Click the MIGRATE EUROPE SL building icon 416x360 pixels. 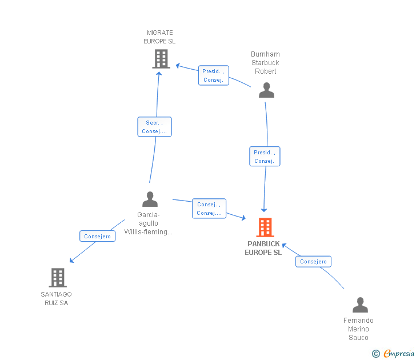coord(161,58)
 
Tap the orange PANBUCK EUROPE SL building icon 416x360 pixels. coord(265,227)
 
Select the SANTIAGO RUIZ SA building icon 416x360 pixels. coord(58,278)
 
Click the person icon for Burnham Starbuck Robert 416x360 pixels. coord(266,90)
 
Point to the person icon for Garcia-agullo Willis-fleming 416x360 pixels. coord(150,199)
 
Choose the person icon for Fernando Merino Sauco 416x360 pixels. coord(360,305)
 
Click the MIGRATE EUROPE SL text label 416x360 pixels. coord(159,37)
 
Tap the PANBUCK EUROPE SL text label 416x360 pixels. coord(263,248)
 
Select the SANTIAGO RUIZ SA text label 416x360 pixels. coord(56,299)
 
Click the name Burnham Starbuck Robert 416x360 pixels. coord(265,63)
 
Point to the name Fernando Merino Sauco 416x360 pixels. coord(358,329)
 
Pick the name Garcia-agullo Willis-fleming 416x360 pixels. coord(149,223)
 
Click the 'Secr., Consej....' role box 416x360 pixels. coord(154,127)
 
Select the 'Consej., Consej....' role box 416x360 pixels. coord(209,209)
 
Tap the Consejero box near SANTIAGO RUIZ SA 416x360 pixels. coord(97,236)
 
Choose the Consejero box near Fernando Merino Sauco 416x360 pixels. coord(313,261)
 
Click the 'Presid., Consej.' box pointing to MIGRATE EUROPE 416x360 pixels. coord(213,75)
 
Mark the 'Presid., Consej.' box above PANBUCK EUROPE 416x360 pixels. coord(265,157)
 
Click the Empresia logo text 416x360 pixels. coord(398,354)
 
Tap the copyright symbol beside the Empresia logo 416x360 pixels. coord(376,354)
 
